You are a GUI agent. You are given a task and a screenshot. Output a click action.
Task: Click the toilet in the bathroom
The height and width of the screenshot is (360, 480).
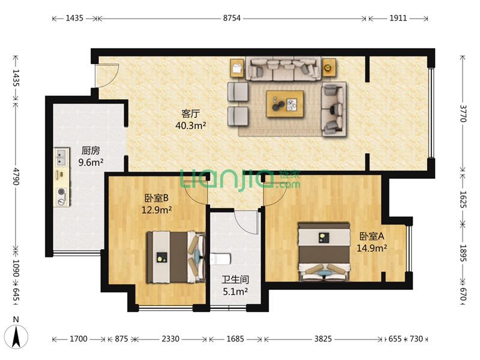pos(220,259)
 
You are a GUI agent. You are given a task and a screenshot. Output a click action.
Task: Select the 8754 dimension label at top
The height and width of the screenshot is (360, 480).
pos(232,18)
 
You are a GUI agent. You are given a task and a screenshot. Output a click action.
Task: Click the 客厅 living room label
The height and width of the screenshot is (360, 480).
pos(190,114)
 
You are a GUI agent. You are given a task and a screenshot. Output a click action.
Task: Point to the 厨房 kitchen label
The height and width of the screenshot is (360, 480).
pos(91,151)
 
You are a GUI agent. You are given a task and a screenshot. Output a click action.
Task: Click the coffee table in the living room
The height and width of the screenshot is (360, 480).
pos(284,103)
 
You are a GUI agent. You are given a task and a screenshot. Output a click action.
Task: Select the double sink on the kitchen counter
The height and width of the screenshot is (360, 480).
pos(61,158)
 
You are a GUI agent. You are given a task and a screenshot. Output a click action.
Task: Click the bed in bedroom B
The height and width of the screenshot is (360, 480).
pos(176,257)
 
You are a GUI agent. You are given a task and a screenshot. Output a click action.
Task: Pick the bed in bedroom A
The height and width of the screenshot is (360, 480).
pos(324,251)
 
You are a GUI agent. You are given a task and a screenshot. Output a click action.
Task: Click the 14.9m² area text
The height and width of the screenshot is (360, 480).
pos(371,248)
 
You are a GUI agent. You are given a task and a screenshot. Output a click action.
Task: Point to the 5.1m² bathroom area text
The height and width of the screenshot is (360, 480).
pos(235,292)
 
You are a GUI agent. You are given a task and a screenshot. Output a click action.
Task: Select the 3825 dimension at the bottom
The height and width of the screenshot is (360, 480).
pos(323,339)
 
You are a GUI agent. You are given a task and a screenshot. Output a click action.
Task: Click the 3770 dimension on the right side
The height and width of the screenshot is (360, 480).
pos(463,113)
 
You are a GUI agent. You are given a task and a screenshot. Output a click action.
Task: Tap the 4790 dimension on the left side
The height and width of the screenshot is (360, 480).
pos(16,176)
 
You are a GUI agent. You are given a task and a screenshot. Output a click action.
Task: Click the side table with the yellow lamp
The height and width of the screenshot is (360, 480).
pos(329,67)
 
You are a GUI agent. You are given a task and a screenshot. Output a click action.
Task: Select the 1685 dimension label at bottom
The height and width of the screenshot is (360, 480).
pos(235,339)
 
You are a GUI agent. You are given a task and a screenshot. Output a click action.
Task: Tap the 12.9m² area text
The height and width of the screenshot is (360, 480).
pos(156,210)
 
